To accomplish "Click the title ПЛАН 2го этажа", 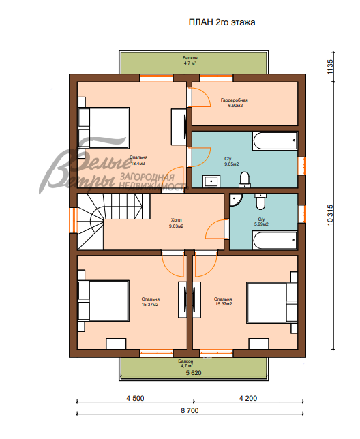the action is coord(222,22).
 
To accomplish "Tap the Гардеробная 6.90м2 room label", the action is coord(235,103).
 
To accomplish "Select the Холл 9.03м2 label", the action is coord(176,223).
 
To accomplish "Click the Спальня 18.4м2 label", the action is coord(138,160).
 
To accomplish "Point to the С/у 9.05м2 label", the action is coord(231,162).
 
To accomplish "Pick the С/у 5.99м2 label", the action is coord(261,222).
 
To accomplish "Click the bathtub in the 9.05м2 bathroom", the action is coord(275,141).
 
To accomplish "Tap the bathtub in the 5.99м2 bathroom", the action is coord(275,240).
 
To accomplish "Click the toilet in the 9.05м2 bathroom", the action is coord(245,180).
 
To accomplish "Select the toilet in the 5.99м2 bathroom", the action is coord(260,202).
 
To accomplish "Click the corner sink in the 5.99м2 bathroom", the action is coord(235,199).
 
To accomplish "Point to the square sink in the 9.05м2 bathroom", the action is coord(211,181).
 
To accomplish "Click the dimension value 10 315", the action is coord(330,215).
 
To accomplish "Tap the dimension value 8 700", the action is coord(190,410).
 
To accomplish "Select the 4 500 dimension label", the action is coord(135,398).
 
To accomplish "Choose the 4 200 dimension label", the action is coord(248,398).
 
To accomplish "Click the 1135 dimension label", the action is coord(330,67).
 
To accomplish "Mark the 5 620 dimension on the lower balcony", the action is coord(194,373).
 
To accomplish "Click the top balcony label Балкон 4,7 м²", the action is coord(190,60).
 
